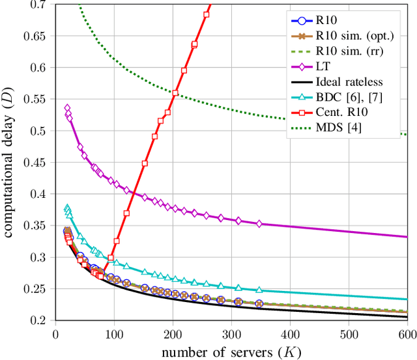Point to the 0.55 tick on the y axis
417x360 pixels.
(38, 99)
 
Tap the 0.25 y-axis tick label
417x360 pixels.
(38, 289)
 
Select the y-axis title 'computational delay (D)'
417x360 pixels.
(11, 163)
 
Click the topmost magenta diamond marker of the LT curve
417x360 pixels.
(67, 108)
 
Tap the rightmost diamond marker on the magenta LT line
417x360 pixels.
(259, 223)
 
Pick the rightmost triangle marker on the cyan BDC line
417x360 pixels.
(259, 290)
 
